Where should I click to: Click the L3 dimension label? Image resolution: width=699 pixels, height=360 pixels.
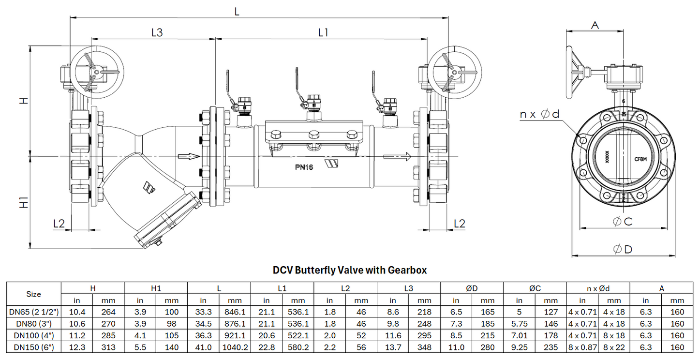tap(157, 32)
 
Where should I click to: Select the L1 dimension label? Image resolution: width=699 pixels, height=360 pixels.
tap(323, 32)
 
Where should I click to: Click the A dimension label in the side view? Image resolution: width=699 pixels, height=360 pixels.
tap(595, 25)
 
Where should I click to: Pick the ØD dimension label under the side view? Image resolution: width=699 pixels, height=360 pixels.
tap(622, 249)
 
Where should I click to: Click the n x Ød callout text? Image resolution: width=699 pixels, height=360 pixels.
tap(539, 114)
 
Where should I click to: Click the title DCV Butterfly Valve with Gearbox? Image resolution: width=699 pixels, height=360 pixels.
tap(350, 270)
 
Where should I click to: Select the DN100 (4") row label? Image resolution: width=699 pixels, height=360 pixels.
tap(33, 335)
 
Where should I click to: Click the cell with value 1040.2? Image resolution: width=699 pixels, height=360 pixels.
tap(235, 347)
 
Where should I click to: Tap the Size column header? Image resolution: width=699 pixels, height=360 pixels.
tap(33, 294)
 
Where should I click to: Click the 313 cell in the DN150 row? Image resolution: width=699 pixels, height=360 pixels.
tap(108, 347)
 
